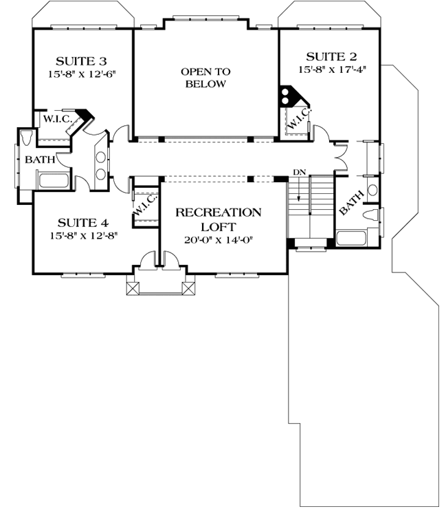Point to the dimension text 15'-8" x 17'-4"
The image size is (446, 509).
pyautogui.click(x=330, y=69)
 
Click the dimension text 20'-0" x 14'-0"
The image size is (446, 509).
pyautogui.click(x=219, y=241)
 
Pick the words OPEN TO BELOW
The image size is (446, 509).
pyautogui.click(x=205, y=78)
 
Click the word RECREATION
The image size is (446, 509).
pyautogui.click(x=219, y=212)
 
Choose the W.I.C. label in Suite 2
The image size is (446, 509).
pyautogui.click(x=298, y=118)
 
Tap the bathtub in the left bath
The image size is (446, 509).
pyautogui.click(x=53, y=182)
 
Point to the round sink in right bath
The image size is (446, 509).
pyautogui.click(x=372, y=191)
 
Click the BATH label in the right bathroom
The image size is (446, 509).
pyautogui.click(x=351, y=204)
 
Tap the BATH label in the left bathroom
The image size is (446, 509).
pyautogui.click(x=38, y=160)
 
